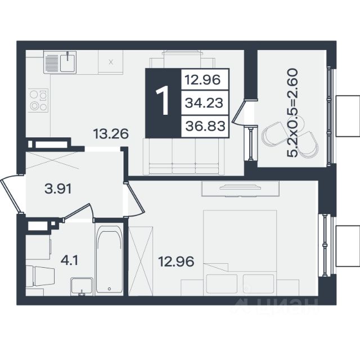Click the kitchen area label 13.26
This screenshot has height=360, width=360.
click(111, 134)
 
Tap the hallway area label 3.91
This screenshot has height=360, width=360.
click(58, 189)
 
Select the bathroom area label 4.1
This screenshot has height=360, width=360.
click(69, 260)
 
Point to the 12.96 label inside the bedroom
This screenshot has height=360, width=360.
click(176, 262)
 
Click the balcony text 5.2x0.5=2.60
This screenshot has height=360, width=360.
click(292, 112)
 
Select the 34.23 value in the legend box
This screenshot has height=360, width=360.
click(204, 102)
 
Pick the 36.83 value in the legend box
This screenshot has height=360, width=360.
click(205, 126)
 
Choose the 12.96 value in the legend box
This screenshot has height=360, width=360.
click(202, 80)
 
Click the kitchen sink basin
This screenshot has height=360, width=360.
click(67, 63)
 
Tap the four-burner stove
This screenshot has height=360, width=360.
click(38, 100)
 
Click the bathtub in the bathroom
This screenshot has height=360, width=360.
click(109, 259)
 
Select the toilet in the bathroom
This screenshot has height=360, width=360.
click(40, 276)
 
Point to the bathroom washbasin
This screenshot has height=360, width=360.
click(82, 286)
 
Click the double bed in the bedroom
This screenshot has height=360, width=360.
click(240, 253)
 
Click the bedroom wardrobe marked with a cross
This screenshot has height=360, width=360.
click(141, 261)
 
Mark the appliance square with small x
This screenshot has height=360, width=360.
click(111, 62)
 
